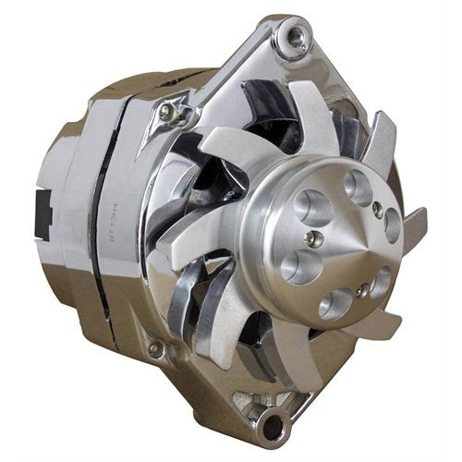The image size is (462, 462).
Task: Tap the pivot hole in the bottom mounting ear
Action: [x=271, y=427]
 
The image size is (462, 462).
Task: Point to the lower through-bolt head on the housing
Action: [x=154, y=349]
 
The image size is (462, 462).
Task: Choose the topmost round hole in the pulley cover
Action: [x=358, y=188]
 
